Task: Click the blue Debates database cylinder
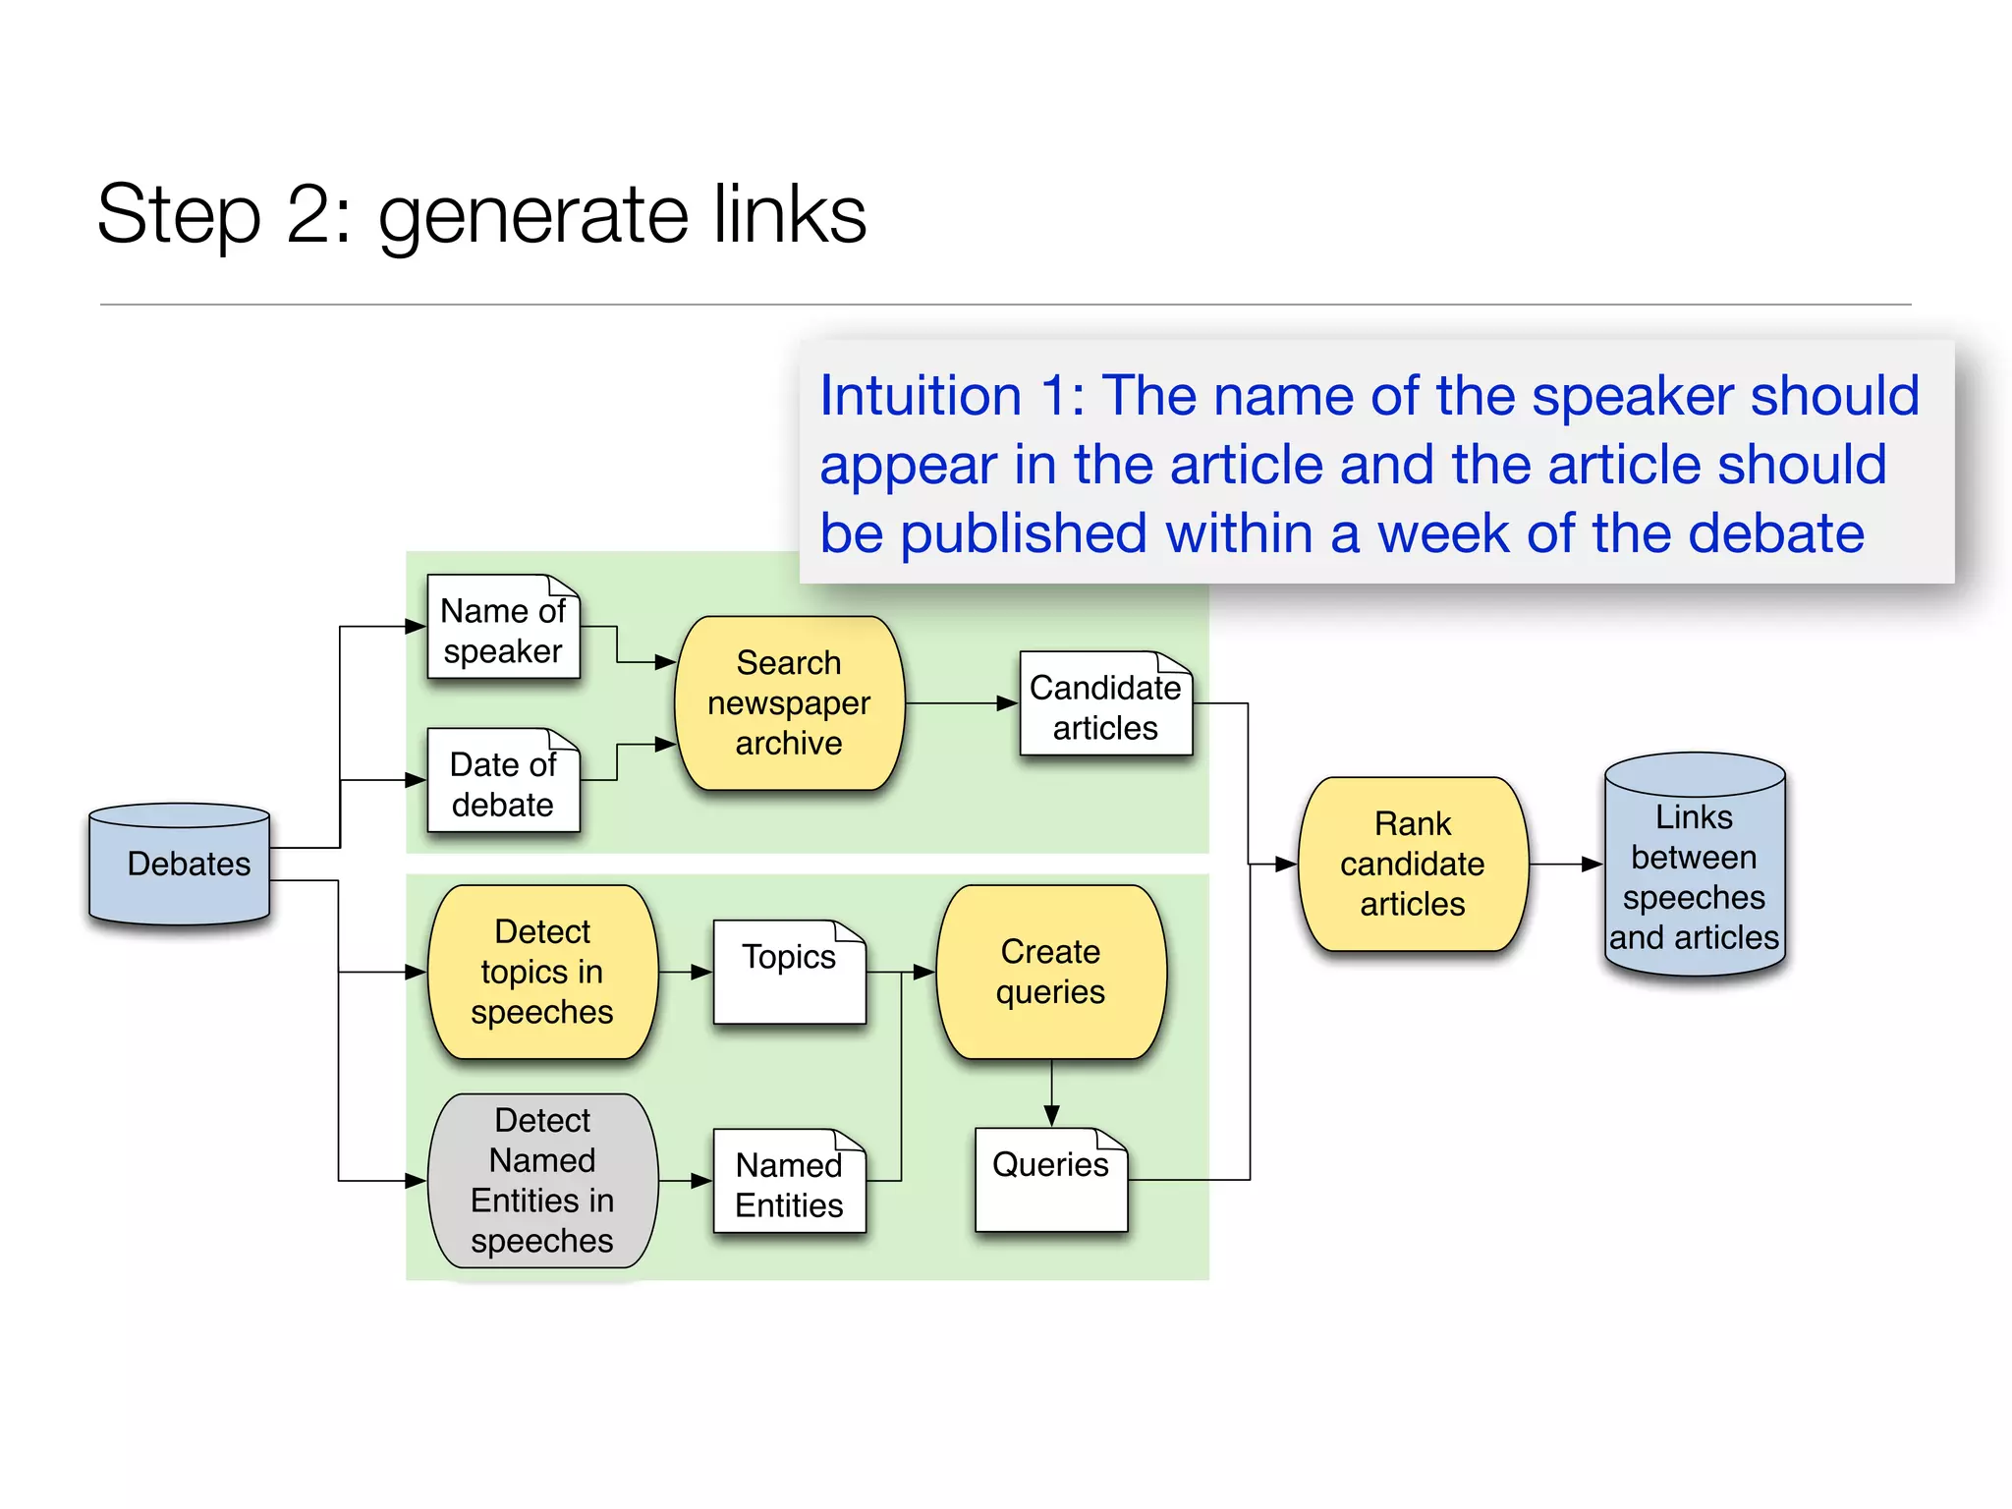(180, 865)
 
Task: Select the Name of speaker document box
(503, 629)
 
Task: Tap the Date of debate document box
(503, 782)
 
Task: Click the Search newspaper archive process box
(789, 703)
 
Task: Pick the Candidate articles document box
(1105, 705)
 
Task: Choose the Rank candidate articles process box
(1412, 865)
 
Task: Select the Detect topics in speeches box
(542, 972)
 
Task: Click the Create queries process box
(1050, 972)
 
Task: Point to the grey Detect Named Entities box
(542, 1181)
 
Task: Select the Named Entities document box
(789, 1183)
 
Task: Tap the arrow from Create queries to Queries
(1051, 1092)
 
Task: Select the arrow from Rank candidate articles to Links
(1566, 865)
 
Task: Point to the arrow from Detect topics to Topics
(686, 972)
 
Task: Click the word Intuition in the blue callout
(921, 396)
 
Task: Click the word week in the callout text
(1442, 533)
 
